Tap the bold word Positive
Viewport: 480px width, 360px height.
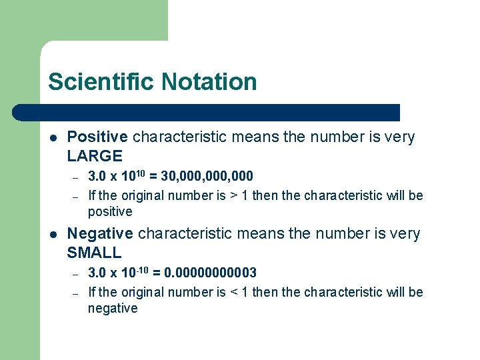pos(97,137)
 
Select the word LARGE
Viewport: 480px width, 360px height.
pos(95,157)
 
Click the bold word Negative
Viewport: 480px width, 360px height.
pos(100,234)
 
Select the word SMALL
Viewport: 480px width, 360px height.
pos(94,253)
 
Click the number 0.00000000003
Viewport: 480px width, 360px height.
pos(211,273)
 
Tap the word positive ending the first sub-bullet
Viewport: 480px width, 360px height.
pos(110,212)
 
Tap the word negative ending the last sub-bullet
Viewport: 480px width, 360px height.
pos(113,309)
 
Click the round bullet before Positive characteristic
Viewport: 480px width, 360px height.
pos(52,138)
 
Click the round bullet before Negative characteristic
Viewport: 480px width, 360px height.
pos(52,235)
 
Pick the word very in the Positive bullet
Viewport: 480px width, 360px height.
pos(400,137)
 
